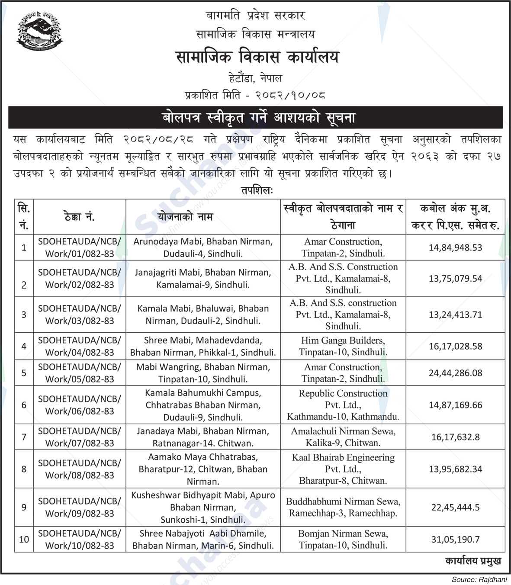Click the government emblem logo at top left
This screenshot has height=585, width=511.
39,30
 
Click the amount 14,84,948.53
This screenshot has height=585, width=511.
455,247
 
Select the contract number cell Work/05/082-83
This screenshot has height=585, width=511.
80,373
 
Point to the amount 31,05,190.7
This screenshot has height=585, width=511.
455,539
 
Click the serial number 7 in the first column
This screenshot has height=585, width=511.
24,437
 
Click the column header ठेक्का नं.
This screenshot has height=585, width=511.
79,217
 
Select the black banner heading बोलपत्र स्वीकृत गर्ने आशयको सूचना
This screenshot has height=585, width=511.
255,117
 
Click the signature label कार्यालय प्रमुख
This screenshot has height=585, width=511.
473,561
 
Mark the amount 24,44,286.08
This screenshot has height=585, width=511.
455,373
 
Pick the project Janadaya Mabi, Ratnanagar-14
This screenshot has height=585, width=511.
203,437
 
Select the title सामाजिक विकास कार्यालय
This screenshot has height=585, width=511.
257,57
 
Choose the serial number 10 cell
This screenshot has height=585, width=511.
24,539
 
